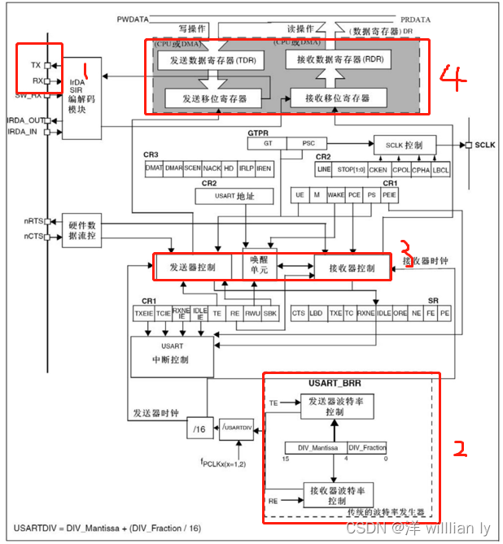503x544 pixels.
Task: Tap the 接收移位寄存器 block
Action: (x=336, y=98)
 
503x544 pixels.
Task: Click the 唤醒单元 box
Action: (x=254, y=266)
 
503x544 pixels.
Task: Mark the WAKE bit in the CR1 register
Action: (x=335, y=195)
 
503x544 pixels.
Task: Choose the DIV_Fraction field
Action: (x=367, y=447)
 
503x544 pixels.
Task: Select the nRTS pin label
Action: (x=32, y=221)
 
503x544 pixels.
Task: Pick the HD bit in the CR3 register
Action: (x=229, y=169)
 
